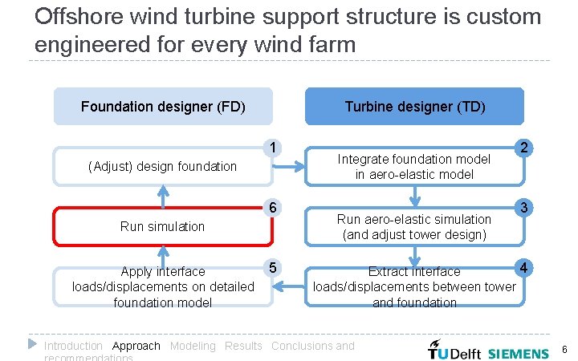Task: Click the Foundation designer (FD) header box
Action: coord(163,106)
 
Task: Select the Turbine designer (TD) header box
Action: coord(414,106)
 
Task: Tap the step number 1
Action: coord(274,148)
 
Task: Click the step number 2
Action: coord(523,148)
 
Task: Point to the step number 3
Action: coord(523,208)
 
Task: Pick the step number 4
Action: coord(523,267)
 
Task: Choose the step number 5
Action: coord(274,267)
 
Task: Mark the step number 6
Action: coord(274,208)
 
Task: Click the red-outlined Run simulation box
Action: coord(163,226)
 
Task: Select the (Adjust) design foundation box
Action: coord(163,166)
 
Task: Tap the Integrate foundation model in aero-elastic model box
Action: coord(414,166)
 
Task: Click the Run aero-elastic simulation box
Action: coord(414,226)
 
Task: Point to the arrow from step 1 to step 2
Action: coord(289,167)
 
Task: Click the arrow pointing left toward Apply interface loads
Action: coord(289,286)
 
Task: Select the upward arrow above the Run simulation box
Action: coord(164,196)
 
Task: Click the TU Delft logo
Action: coord(454,351)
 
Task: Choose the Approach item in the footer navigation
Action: coord(136,346)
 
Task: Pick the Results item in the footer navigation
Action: coord(243,346)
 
